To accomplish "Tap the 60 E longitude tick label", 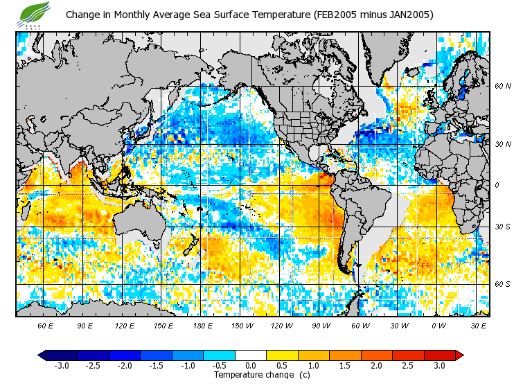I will [x=46, y=325].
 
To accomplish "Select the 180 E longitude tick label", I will [x=204, y=325].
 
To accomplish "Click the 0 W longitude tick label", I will [x=439, y=325].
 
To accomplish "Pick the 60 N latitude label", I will [x=502, y=87].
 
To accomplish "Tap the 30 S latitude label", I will [x=502, y=227].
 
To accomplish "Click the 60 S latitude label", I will [x=502, y=284].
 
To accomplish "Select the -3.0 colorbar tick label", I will [x=61, y=365].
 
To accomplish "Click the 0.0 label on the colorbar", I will [x=251, y=365].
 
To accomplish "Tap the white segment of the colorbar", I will [x=251, y=355].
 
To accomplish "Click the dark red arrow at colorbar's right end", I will [x=459, y=355].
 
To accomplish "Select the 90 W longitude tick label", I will [x=321, y=325].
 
